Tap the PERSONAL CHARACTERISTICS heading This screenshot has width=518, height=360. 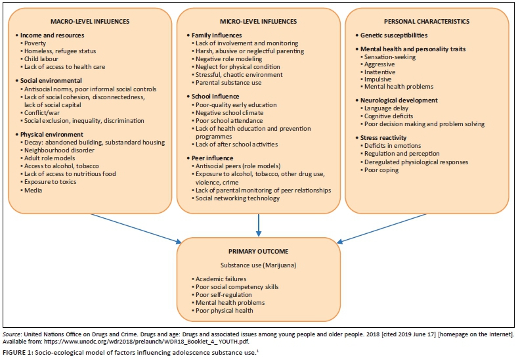[429, 21]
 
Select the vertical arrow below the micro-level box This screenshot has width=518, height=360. [259, 223]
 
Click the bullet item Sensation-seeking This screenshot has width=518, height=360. [391, 57]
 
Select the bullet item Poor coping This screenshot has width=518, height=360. [383, 170]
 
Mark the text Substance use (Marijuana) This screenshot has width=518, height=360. [258, 265]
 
